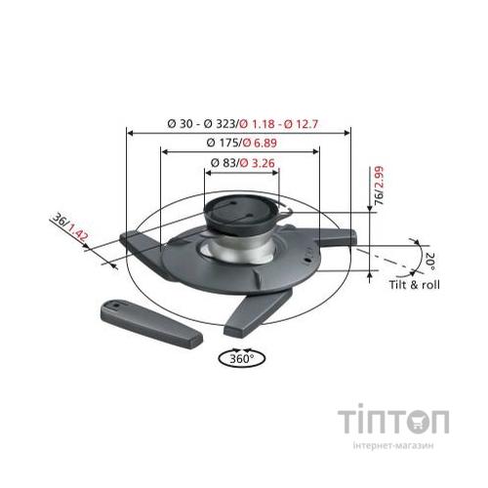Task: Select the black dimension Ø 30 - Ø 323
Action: click(x=202, y=124)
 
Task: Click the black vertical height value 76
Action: click(x=379, y=201)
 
